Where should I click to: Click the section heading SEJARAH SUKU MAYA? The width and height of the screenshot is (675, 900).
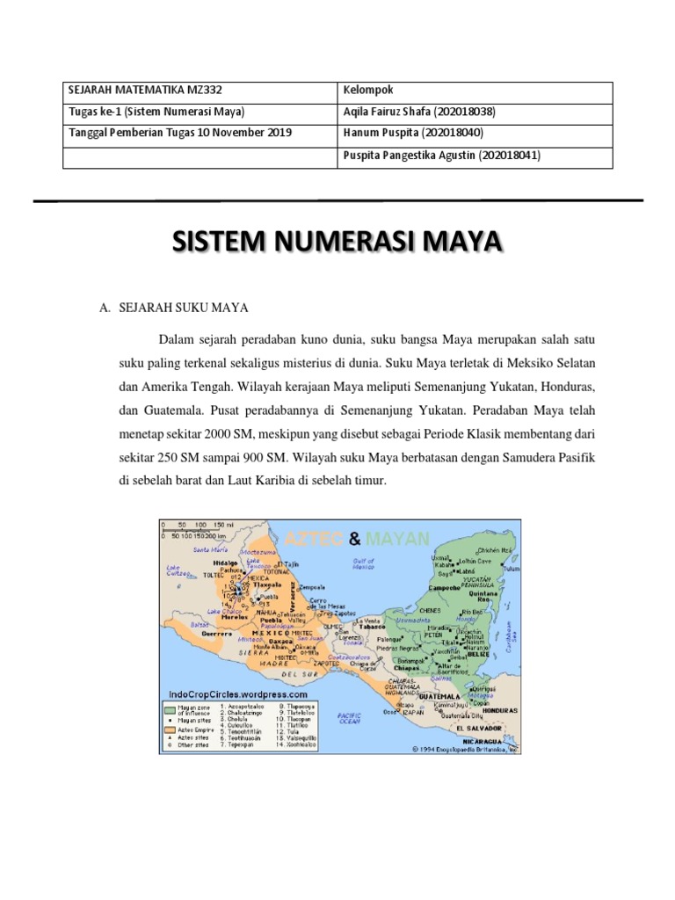[x=185, y=308]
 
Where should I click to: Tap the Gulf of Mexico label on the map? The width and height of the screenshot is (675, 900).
[x=363, y=563]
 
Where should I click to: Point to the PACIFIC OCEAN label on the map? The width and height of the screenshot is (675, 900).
[x=351, y=718]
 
